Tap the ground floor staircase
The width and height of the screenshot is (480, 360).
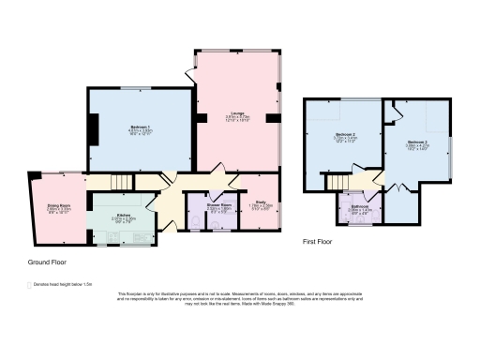coord(119,182)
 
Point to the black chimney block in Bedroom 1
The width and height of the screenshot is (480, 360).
coord(92,127)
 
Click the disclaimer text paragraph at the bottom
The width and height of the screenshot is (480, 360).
coord(240,299)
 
